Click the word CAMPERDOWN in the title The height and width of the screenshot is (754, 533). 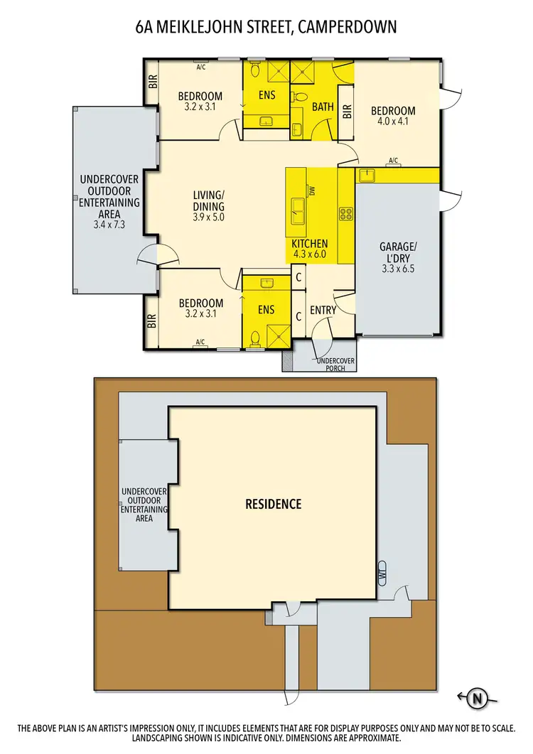[x=348, y=27]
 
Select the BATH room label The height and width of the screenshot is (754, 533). [x=322, y=107]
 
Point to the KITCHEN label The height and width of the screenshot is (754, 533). [x=310, y=244]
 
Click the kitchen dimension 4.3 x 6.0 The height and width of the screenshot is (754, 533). [x=309, y=254]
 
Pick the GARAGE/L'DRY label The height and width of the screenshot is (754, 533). [x=398, y=252]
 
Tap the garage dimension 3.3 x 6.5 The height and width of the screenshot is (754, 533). [x=398, y=269]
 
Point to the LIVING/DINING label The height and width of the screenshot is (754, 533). [x=208, y=201]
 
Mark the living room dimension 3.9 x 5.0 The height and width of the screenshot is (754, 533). [x=208, y=217]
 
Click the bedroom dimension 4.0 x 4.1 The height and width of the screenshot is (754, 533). [x=393, y=122]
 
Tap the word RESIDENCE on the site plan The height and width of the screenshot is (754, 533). [x=274, y=504]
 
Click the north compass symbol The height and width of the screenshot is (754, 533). [x=476, y=699]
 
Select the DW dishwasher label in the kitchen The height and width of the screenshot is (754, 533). [x=311, y=190]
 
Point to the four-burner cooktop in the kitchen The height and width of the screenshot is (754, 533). [x=346, y=212]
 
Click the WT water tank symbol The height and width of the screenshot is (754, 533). [x=382, y=572]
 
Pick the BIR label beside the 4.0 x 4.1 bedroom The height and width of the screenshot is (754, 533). [x=347, y=112]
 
